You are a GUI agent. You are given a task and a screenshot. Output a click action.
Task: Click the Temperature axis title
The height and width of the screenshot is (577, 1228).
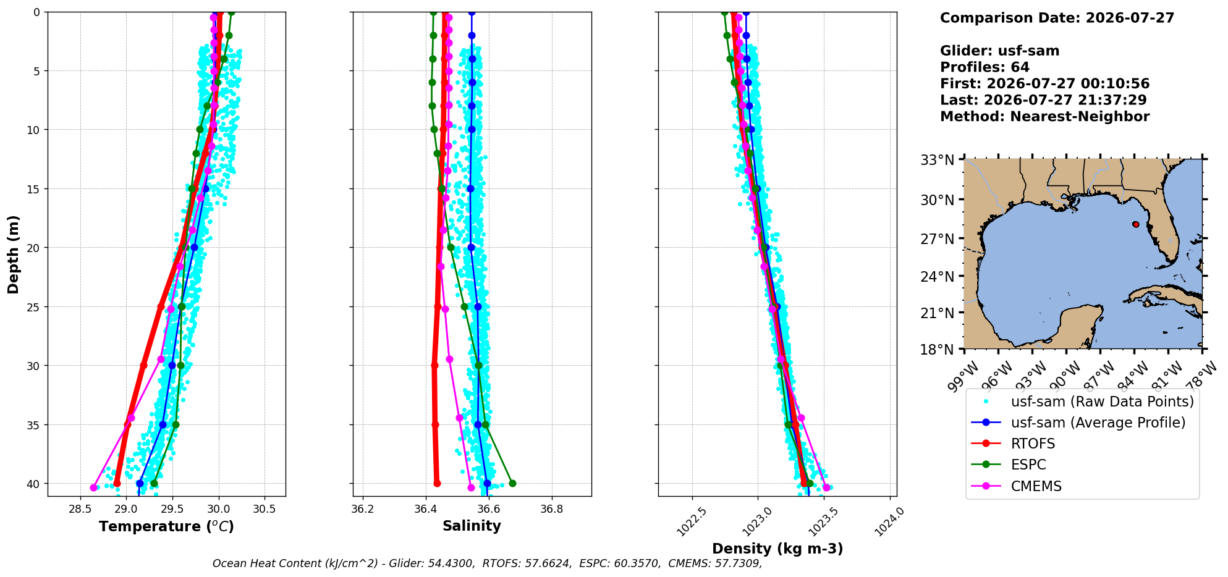click(x=166, y=526)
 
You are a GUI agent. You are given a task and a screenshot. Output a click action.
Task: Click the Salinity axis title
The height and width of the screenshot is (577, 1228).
click(x=472, y=526)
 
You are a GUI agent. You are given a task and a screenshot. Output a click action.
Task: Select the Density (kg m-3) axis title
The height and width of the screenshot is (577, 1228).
click(x=777, y=549)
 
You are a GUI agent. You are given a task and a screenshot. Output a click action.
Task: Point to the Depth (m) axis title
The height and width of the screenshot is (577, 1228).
click(x=14, y=254)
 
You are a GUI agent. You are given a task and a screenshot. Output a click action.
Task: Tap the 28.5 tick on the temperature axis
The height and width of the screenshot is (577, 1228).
click(x=80, y=508)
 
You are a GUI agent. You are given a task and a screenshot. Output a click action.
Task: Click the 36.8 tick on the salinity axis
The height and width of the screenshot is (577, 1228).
click(x=551, y=508)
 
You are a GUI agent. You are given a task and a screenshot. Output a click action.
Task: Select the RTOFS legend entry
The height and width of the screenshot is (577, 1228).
click(x=1033, y=444)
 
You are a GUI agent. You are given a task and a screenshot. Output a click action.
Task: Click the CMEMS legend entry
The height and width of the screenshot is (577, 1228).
click(x=1036, y=486)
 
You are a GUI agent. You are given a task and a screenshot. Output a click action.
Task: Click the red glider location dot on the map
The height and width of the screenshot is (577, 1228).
click(x=1136, y=224)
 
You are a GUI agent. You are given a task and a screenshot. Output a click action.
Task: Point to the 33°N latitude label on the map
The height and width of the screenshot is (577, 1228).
click(x=938, y=161)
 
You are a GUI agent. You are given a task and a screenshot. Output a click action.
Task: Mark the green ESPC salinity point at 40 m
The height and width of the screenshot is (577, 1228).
click(x=512, y=483)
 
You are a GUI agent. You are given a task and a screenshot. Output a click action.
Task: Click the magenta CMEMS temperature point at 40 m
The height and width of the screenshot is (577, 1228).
click(x=93, y=487)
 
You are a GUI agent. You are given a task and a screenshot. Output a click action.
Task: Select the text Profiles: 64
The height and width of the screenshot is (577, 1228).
click(x=985, y=67)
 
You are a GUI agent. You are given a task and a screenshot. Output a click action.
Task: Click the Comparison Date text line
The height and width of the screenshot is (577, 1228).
click(x=1057, y=18)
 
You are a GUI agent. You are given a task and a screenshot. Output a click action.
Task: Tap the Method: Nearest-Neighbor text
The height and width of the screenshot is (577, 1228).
click(x=1044, y=117)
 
